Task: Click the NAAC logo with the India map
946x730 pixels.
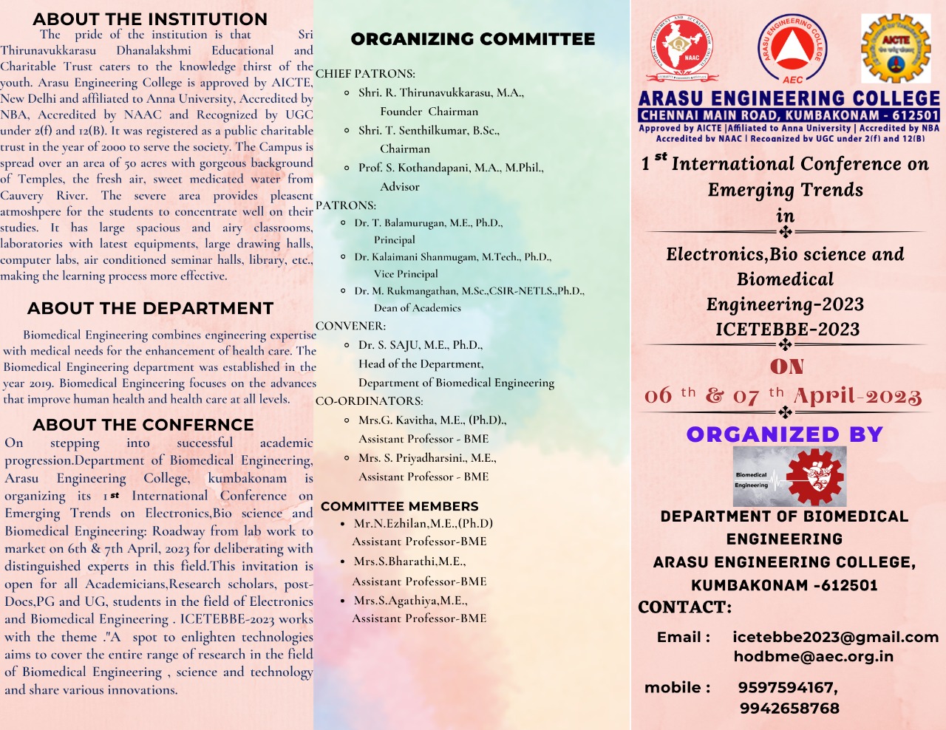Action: pyautogui.click(x=684, y=49)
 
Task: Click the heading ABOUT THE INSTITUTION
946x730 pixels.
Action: pyautogui.click(x=150, y=19)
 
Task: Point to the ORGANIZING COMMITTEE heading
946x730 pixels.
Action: pyautogui.click(x=472, y=39)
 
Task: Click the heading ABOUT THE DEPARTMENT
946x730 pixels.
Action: pyautogui.click(x=150, y=308)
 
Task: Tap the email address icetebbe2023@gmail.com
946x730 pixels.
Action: pyautogui.click(x=835, y=637)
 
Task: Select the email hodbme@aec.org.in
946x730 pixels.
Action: pyautogui.click(x=813, y=656)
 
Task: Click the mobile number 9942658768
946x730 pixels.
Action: pyautogui.click(x=789, y=708)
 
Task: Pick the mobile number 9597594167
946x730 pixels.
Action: pyautogui.click(x=787, y=687)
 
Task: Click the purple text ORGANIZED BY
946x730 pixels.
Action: pyautogui.click(x=785, y=434)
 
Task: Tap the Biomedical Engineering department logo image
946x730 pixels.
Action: pyautogui.click(x=789, y=477)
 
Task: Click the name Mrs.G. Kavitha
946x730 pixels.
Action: pyautogui.click(x=398, y=420)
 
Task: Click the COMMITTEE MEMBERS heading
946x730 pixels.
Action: pyautogui.click(x=400, y=506)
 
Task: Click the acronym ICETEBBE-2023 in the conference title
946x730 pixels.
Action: pyautogui.click(x=787, y=330)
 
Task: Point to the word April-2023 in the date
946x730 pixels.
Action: pyautogui.click(x=857, y=397)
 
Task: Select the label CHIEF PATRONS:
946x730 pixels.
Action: pyautogui.click(x=365, y=74)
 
